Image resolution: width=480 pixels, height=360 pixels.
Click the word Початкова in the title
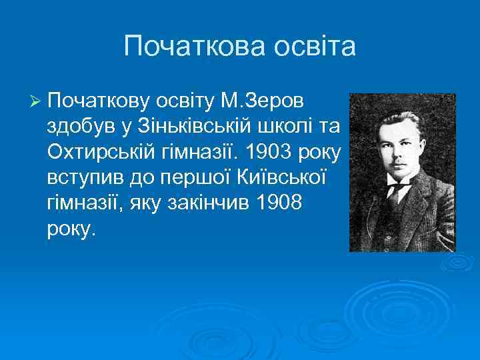click(x=179, y=47)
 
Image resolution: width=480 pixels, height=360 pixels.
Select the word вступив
click(x=79, y=177)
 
